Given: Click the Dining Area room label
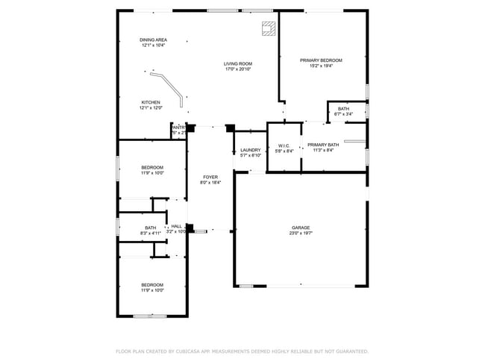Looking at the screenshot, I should [153, 40].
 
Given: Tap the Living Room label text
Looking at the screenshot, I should [238, 64].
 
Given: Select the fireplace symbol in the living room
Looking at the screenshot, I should [268, 28].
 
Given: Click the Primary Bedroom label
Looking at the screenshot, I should [321, 60].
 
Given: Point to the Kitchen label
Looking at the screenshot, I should [151, 102].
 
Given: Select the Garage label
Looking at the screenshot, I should [301, 228].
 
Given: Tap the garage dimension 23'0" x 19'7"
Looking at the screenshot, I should [301, 233].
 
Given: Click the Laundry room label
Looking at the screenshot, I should [250, 150].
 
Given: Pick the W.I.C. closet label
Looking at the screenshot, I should [284, 145].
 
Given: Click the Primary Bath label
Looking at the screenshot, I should [323, 145].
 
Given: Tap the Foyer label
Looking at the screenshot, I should [210, 177].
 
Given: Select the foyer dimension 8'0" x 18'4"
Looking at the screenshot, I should [210, 183].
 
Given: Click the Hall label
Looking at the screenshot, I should [176, 226].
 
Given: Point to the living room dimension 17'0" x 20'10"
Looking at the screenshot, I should [238, 70].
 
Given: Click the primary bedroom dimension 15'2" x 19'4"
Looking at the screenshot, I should [321, 66].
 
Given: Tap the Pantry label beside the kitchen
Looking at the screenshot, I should [178, 128].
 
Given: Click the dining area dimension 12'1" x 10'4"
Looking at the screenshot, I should [153, 45].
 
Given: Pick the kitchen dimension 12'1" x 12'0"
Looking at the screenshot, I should [151, 108].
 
